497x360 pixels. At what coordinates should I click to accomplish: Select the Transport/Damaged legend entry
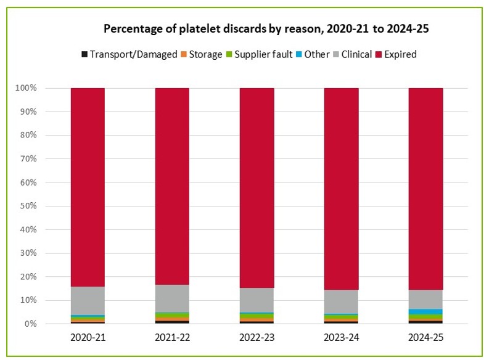(129, 54)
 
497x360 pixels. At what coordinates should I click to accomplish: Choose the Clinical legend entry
(351, 54)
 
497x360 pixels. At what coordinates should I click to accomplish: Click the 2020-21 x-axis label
(88, 339)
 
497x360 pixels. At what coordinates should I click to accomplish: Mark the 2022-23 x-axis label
(257, 339)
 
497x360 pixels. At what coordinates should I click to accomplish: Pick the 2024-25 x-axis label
(425, 339)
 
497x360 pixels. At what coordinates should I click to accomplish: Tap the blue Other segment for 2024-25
(425, 312)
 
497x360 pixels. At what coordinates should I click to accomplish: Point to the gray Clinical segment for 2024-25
(425, 299)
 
